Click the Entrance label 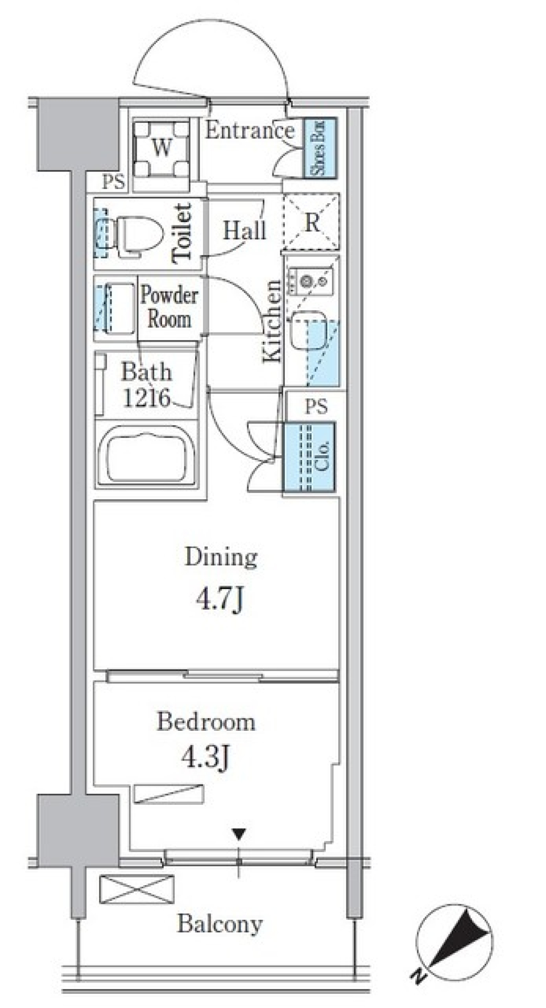click(250, 131)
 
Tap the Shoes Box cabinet click(320, 147)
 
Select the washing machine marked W click(162, 148)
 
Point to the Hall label click(245, 231)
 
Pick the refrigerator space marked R click(311, 223)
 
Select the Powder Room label click(169, 307)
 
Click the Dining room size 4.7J click(221, 599)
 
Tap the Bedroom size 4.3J click(206, 757)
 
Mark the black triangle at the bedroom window click(239, 834)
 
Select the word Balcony click(220, 924)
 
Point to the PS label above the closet click(316, 406)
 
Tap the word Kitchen click(271, 322)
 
